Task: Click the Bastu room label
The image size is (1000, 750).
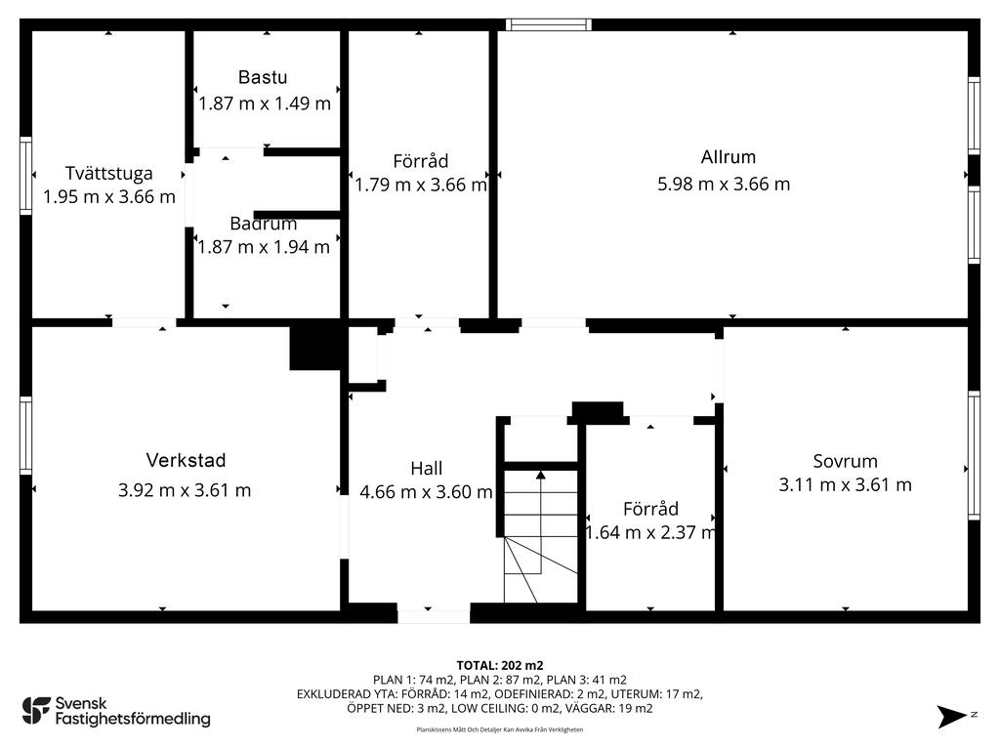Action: [263, 77]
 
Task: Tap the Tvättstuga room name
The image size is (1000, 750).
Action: [109, 174]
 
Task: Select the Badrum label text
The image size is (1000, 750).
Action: [264, 224]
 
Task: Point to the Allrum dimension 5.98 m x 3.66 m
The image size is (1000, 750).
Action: [724, 185]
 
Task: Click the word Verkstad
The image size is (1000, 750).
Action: [186, 461]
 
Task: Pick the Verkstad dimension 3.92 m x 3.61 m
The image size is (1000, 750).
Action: [185, 490]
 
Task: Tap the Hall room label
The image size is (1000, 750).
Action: [427, 469]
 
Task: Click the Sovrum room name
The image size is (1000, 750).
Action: [845, 461]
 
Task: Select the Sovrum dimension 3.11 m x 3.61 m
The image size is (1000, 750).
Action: [845, 484]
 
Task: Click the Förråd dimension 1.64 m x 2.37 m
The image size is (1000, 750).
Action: [650, 532]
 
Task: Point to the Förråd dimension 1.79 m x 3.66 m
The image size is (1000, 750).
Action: [421, 185]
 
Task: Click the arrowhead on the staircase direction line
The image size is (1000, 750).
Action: [541, 475]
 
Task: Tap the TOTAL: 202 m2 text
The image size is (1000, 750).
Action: [500, 666]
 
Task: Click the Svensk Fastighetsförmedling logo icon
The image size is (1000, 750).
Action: [36, 711]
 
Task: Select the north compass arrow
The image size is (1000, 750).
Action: [951, 716]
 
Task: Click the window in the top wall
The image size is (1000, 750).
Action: [549, 24]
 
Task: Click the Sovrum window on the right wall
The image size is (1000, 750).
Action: [974, 455]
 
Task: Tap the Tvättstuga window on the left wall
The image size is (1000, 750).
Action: [25, 176]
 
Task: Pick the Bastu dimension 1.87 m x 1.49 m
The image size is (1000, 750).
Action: [265, 104]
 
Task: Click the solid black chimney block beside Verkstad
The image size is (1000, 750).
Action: [315, 349]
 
